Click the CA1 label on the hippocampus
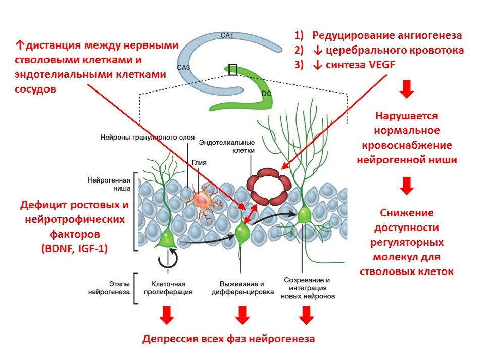coord(227,35)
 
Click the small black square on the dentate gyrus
coord(232,69)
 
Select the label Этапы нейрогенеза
coord(109,288)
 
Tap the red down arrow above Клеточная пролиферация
coord(167,316)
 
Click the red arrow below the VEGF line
coord(407,90)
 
